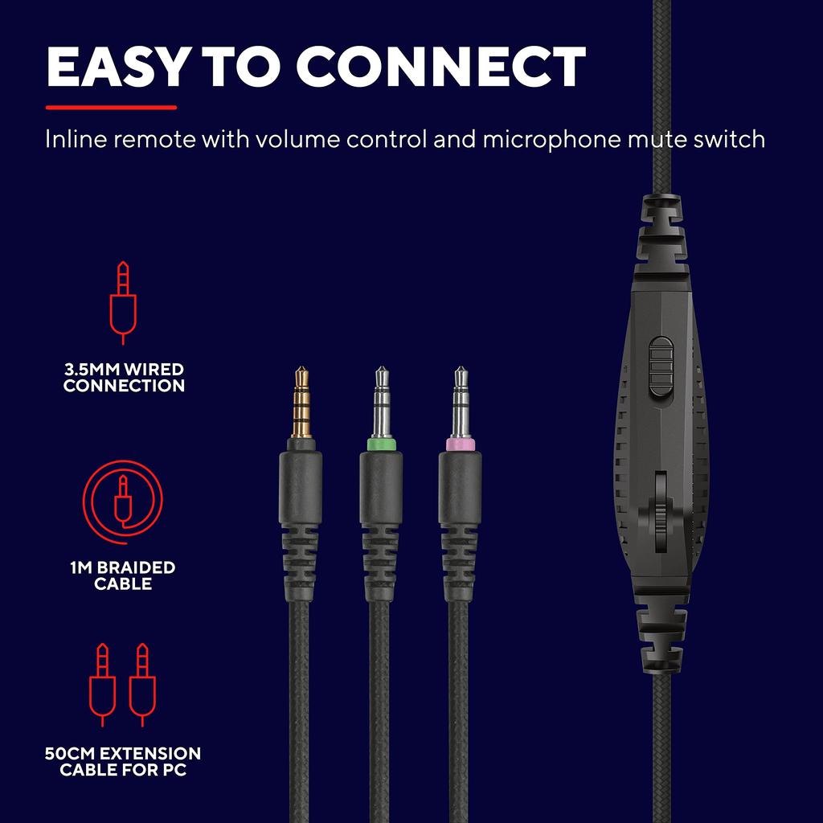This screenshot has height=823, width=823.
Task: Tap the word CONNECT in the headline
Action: (441, 67)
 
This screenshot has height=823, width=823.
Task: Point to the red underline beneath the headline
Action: (111, 108)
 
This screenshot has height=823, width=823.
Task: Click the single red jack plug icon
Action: (123, 302)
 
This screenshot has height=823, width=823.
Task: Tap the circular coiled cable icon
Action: (123, 502)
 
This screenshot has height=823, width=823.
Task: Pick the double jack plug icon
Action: (123, 685)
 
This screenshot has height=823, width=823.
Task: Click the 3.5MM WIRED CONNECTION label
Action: (124, 378)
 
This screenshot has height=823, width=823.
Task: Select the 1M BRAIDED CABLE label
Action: (123, 575)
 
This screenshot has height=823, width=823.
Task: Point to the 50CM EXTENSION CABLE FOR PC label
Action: (123, 762)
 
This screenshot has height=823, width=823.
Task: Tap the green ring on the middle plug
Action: (382, 444)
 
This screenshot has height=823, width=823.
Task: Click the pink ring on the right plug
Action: (461, 444)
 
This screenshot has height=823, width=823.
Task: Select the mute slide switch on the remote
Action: (661, 366)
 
